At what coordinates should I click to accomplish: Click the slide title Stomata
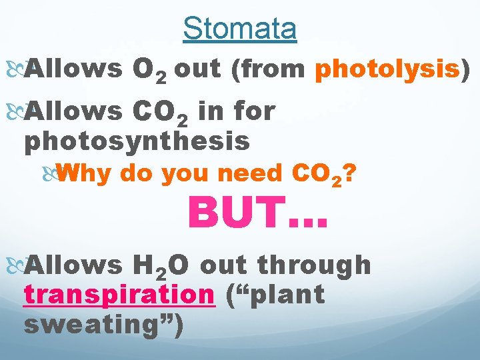240,29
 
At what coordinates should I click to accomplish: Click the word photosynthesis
137,141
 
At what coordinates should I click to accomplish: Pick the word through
313,265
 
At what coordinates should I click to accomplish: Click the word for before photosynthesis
251,111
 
